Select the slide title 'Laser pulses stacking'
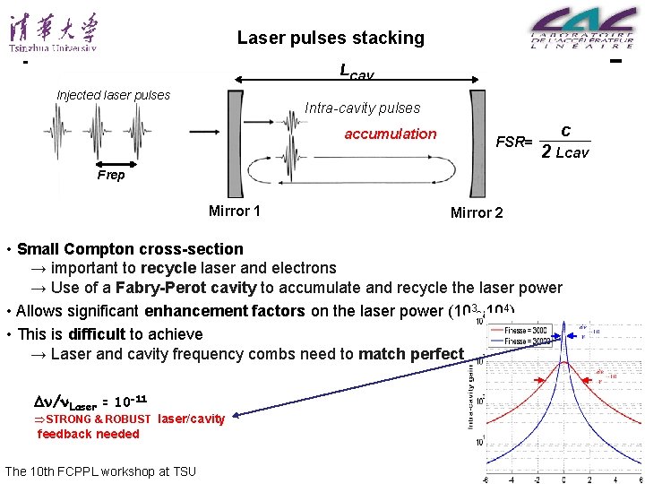point(331,39)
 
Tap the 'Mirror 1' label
point(235,212)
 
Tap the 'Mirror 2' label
point(477,212)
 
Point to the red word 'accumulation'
point(391,134)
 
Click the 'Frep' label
point(111,176)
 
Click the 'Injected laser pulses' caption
point(113,95)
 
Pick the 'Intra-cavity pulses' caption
point(362,108)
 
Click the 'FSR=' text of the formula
point(514,142)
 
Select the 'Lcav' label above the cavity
point(357,72)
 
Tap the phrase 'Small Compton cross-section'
point(130,249)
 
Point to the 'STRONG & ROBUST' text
point(99,419)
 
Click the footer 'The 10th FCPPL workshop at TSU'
point(100,471)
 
